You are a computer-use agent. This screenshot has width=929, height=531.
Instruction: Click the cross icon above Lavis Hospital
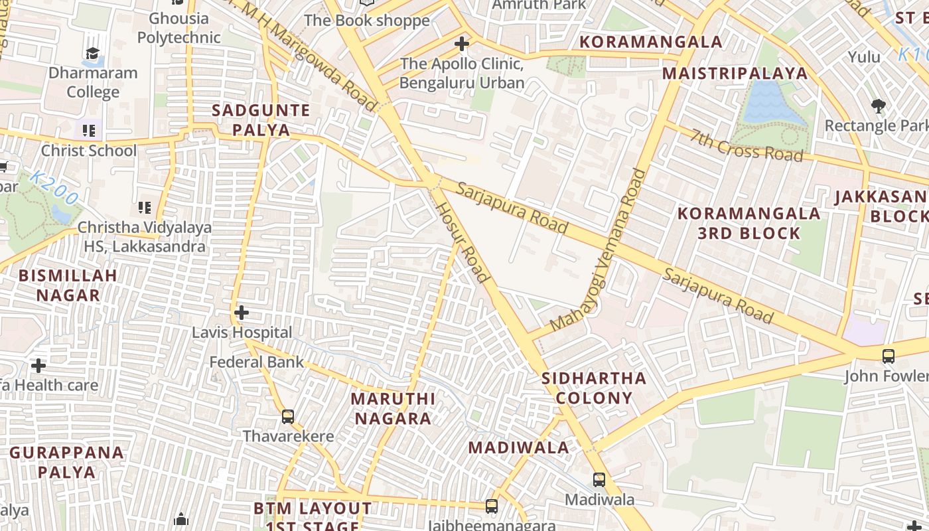pyautogui.click(x=242, y=312)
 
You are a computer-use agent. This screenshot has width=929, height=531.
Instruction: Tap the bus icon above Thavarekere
pyautogui.click(x=288, y=416)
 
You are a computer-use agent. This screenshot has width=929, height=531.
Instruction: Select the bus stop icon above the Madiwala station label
pyautogui.click(x=599, y=479)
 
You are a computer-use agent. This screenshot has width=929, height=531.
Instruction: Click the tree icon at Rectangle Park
pyautogui.click(x=879, y=106)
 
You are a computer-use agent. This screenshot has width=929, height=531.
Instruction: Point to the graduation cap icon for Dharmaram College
pyautogui.click(x=92, y=53)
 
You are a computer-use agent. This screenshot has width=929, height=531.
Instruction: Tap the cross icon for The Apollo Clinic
pyautogui.click(x=462, y=44)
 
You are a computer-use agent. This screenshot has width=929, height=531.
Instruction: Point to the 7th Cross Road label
pyautogui.click(x=747, y=145)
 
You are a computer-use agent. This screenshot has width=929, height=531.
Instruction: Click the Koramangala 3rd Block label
pyautogui.click(x=749, y=223)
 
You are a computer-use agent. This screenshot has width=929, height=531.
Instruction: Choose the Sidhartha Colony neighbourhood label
pyautogui.click(x=594, y=388)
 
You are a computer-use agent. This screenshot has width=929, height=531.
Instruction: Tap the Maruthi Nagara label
pyautogui.click(x=393, y=408)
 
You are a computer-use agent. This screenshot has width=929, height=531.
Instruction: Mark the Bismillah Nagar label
pyautogui.click(x=68, y=285)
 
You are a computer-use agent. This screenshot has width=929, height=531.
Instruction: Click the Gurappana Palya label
pyautogui.click(x=67, y=462)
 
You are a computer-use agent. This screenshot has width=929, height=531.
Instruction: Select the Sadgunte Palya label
pyautogui.click(x=261, y=119)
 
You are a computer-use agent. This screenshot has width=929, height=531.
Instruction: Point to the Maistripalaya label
pyautogui.click(x=735, y=73)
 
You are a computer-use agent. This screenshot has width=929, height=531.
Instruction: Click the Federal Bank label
pyautogui.click(x=257, y=362)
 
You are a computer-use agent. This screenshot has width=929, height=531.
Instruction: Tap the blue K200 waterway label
pyautogui.click(x=54, y=188)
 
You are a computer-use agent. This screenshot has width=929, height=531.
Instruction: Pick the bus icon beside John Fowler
pyautogui.click(x=889, y=356)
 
